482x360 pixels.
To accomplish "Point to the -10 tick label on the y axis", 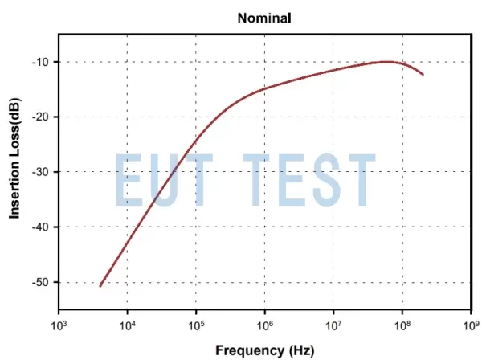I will (39, 62).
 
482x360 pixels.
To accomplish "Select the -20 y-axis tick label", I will (39, 117).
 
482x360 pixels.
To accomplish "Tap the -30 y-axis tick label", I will (39, 172).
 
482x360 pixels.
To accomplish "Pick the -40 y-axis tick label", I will (39, 227).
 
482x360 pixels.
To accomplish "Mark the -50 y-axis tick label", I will (39, 282).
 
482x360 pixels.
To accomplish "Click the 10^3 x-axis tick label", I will (58, 325).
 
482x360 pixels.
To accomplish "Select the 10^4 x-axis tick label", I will (127, 325).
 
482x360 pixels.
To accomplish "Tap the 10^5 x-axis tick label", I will (196, 325).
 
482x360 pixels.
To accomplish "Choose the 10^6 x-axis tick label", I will (265, 325).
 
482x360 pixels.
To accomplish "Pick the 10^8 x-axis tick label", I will (402, 325).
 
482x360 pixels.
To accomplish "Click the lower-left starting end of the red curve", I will (100, 286).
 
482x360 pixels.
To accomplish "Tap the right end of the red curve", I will (423, 75).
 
